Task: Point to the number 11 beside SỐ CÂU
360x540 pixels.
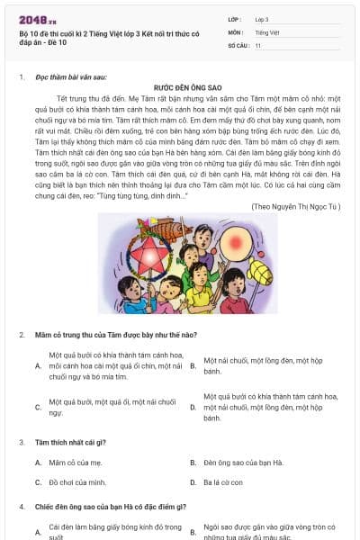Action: point(258,44)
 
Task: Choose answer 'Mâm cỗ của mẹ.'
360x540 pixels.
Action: point(71,463)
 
